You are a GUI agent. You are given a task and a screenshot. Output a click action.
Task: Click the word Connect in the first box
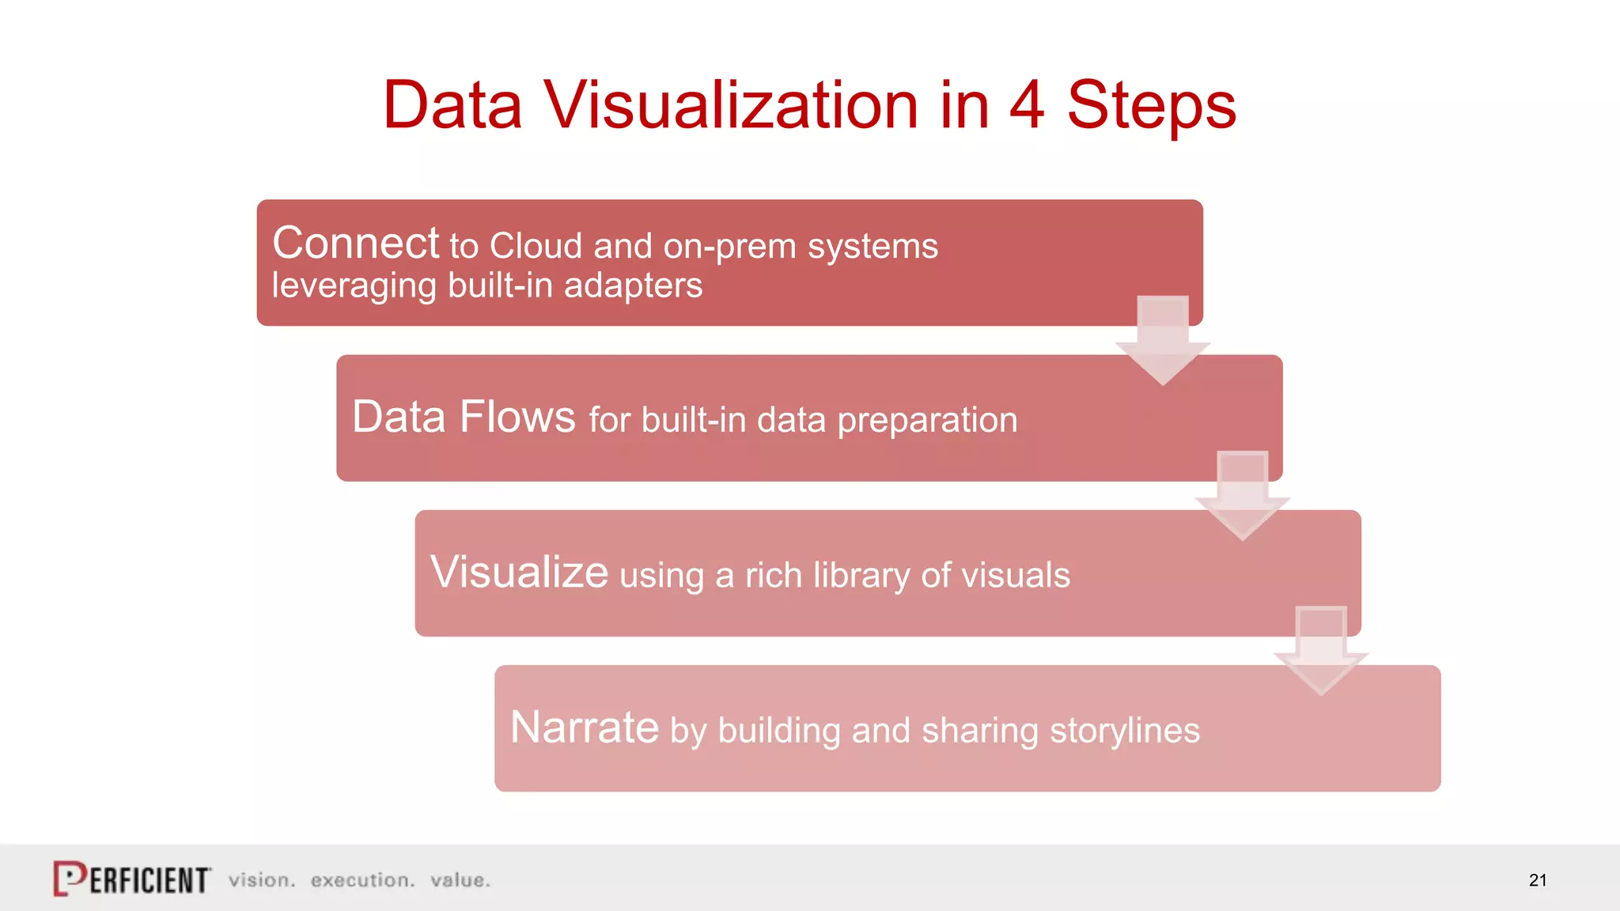coord(355,243)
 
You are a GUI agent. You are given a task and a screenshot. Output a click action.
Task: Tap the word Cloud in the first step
coord(536,246)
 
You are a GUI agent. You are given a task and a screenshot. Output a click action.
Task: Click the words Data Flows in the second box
coord(464,417)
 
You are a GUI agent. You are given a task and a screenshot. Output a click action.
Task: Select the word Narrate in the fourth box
coord(584,728)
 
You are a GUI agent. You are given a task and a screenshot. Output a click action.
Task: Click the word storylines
coord(1124,730)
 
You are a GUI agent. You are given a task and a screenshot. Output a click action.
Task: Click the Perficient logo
coord(132,879)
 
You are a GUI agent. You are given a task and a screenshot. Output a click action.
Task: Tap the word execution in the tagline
coord(362,880)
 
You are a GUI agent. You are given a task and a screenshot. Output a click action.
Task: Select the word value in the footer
coord(460,880)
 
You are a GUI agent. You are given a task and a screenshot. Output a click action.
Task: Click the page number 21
coord(1537,880)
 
